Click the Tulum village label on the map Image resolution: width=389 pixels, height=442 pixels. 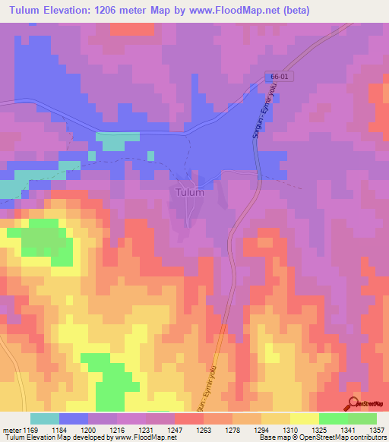pyautogui.click(x=189, y=192)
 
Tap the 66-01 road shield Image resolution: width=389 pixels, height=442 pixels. pyautogui.click(x=279, y=78)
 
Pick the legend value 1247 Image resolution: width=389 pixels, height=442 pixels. pyautogui.click(x=176, y=429)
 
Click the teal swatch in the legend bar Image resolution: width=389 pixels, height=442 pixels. pyautogui.click(x=44, y=418)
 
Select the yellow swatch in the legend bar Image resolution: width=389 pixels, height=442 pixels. pyautogui.click(x=304, y=418)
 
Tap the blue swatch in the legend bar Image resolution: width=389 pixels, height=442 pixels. pyautogui.click(x=73, y=418)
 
